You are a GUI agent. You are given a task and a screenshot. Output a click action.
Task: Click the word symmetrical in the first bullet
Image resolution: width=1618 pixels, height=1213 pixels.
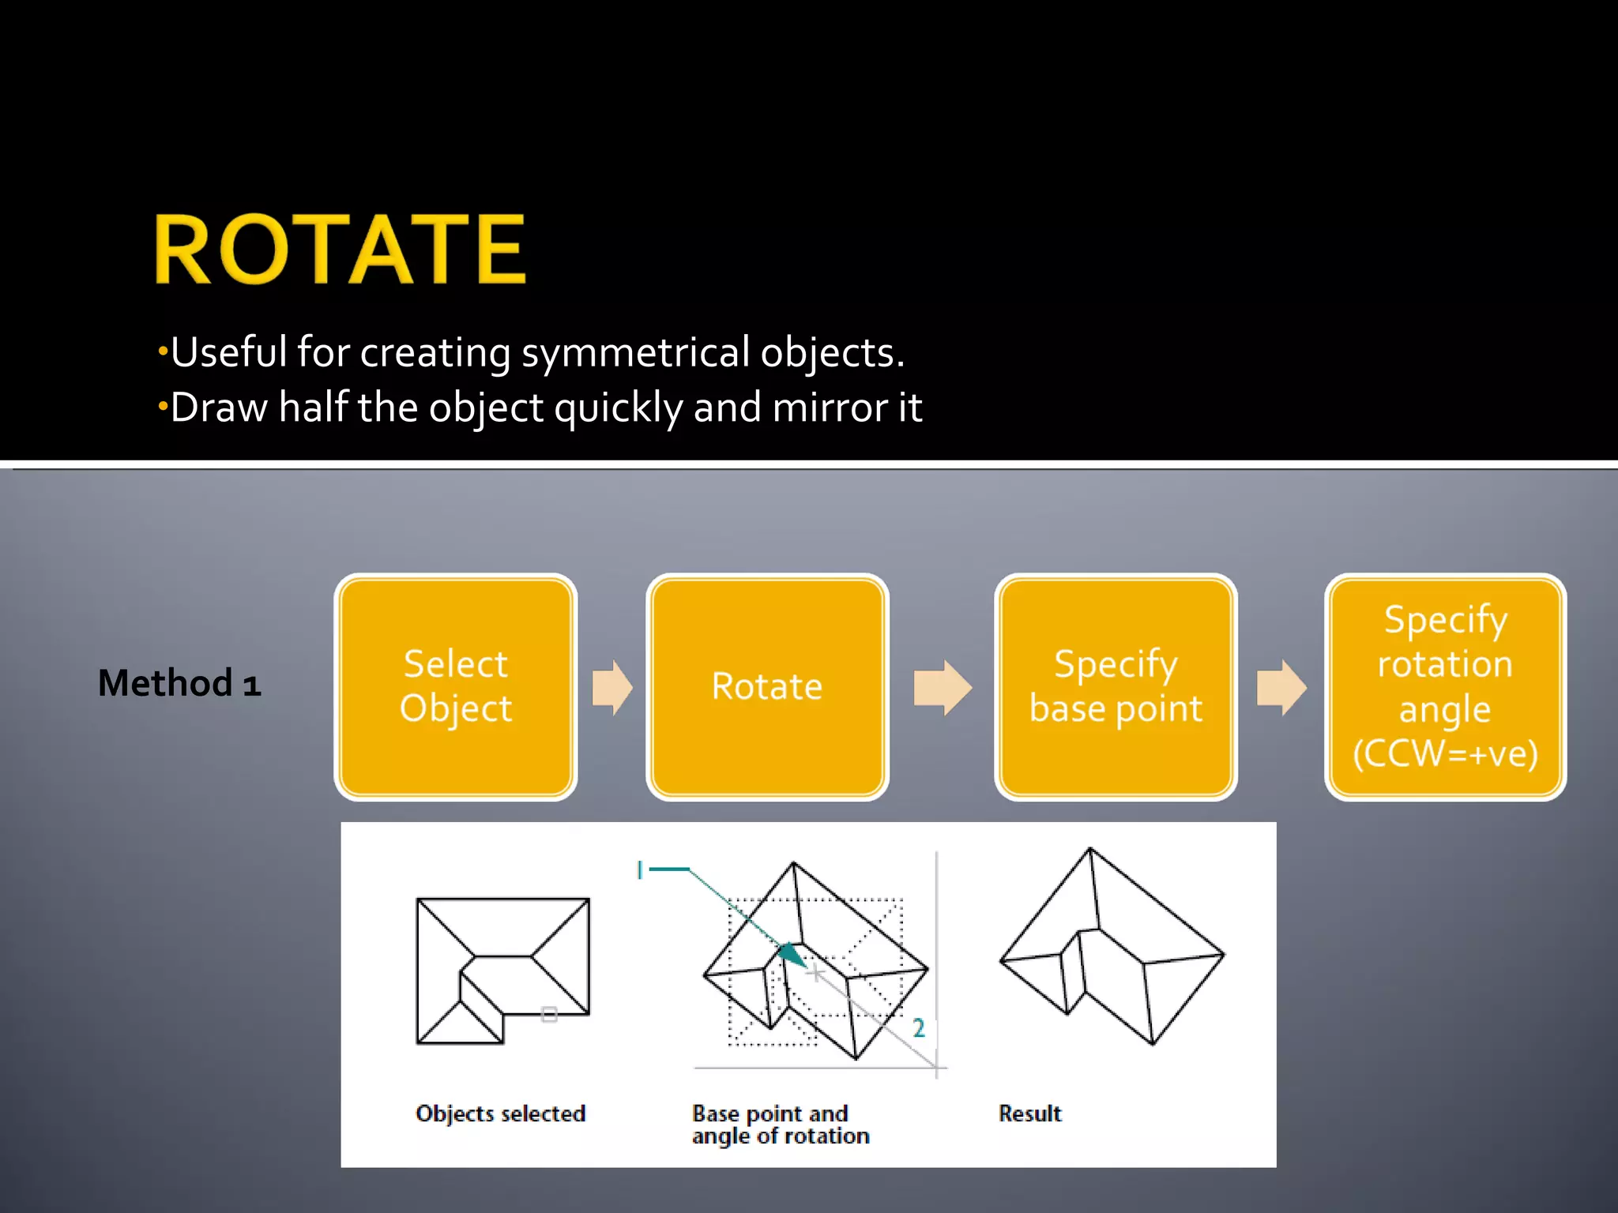point(634,352)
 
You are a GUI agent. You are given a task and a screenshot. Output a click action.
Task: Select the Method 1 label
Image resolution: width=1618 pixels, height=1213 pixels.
point(179,683)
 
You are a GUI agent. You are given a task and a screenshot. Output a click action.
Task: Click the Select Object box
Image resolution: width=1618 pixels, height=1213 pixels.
point(456,686)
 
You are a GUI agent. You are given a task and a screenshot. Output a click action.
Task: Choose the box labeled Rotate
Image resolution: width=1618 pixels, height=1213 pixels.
point(767,686)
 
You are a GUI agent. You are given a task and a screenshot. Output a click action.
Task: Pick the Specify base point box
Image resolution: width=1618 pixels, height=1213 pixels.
point(1116,686)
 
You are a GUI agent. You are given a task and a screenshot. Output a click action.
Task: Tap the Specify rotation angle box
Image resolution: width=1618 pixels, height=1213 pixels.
point(1445,686)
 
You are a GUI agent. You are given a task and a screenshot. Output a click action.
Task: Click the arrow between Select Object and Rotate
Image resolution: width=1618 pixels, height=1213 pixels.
point(612,688)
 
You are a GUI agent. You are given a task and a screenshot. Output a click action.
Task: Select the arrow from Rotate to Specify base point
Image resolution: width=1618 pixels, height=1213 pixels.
point(942,688)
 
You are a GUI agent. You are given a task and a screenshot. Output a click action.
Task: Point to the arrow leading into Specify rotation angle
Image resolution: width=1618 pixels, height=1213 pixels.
point(1281,688)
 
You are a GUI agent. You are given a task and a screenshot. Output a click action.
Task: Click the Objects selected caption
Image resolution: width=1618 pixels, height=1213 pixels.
point(500,1113)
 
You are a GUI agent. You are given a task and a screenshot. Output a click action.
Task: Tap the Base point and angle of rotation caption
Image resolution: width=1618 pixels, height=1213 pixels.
point(780,1125)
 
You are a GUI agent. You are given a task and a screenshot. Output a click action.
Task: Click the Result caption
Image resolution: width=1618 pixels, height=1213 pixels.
point(1029,1113)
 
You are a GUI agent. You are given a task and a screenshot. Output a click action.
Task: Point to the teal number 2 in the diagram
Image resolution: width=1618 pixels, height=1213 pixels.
point(919,1027)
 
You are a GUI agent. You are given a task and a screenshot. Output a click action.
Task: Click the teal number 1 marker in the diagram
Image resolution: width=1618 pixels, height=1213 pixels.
point(640,870)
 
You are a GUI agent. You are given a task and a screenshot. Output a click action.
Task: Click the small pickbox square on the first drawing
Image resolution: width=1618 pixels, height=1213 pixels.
point(549,1015)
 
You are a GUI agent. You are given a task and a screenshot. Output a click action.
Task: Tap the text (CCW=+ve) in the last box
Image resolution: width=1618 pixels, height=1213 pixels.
point(1445,753)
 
